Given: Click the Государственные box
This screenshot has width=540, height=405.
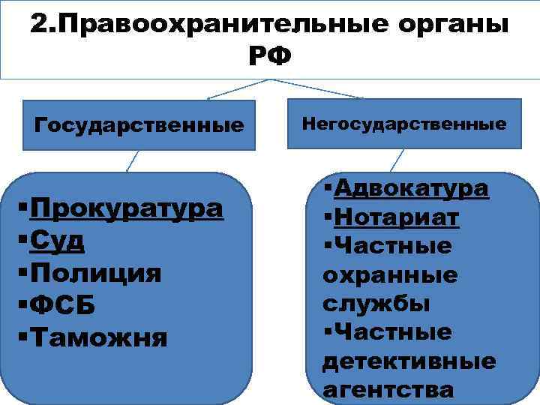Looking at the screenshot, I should coord(139,123).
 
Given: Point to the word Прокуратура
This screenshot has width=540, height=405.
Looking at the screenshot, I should coord(127,208).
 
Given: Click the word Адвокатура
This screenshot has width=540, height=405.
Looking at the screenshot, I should coord(412,188).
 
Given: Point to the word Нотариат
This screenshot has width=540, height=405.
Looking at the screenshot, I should coord(397,217).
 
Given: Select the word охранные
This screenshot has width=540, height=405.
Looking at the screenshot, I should coord(390,275).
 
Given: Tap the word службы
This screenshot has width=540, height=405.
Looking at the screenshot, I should coord(376,304).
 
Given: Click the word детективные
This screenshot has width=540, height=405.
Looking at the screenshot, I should coord(409,361).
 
